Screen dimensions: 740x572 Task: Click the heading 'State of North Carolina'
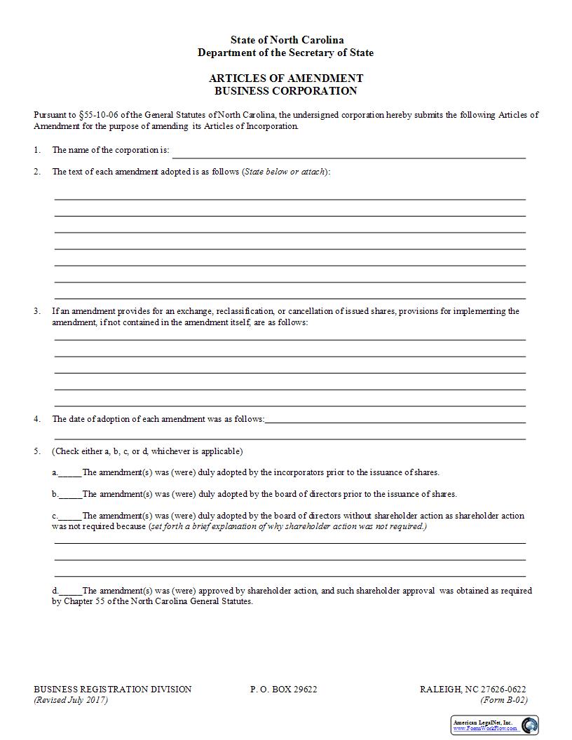[287, 40]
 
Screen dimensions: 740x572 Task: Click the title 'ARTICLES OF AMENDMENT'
[286, 78]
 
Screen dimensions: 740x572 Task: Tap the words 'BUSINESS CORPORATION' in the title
[286, 91]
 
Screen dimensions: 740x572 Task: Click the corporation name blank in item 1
[348, 153]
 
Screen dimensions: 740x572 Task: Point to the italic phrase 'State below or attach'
[285, 172]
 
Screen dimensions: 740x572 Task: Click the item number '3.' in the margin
[37, 311]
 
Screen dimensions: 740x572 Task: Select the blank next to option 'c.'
[70, 516]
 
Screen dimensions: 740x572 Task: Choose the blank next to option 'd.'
[70, 591]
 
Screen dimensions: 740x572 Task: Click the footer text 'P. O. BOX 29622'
[284, 690]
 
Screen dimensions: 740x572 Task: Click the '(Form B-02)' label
[504, 700]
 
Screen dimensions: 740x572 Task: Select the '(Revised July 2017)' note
[71, 700]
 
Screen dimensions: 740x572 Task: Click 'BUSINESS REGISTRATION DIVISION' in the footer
[113, 690]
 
